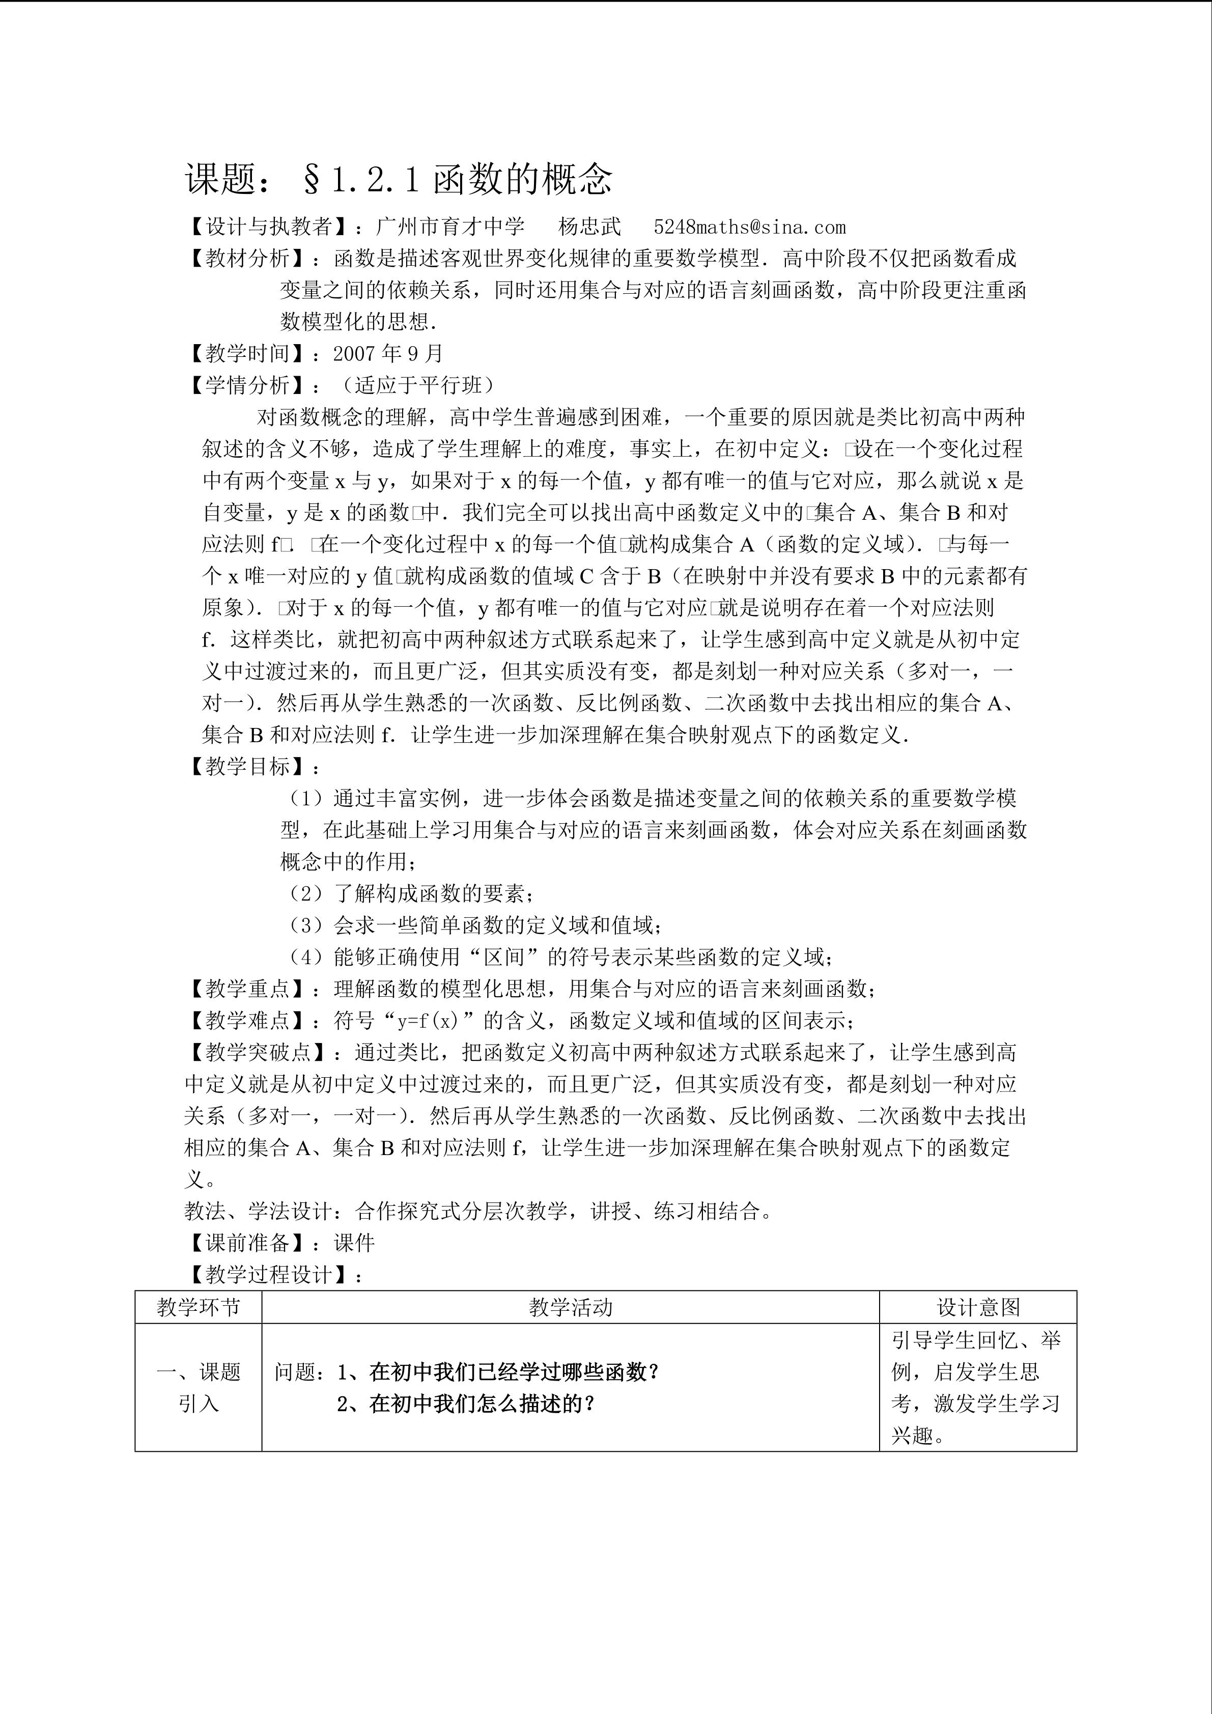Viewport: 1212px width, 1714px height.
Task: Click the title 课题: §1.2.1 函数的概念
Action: click(399, 179)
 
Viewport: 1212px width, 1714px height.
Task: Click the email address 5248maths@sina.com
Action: click(749, 227)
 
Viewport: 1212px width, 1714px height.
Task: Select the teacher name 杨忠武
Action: click(589, 227)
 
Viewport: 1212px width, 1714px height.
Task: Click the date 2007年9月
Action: click(388, 353)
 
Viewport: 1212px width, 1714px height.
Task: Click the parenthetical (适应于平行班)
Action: click(416, 385)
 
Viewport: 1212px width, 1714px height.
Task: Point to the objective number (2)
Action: click(305, 893)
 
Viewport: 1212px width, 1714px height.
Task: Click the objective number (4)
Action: click(305, 957)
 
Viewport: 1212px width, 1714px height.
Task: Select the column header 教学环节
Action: click(199, 1307)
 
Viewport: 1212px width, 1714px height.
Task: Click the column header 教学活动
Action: click(570, 1307)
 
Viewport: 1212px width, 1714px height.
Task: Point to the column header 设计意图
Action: click(978, 1307)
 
